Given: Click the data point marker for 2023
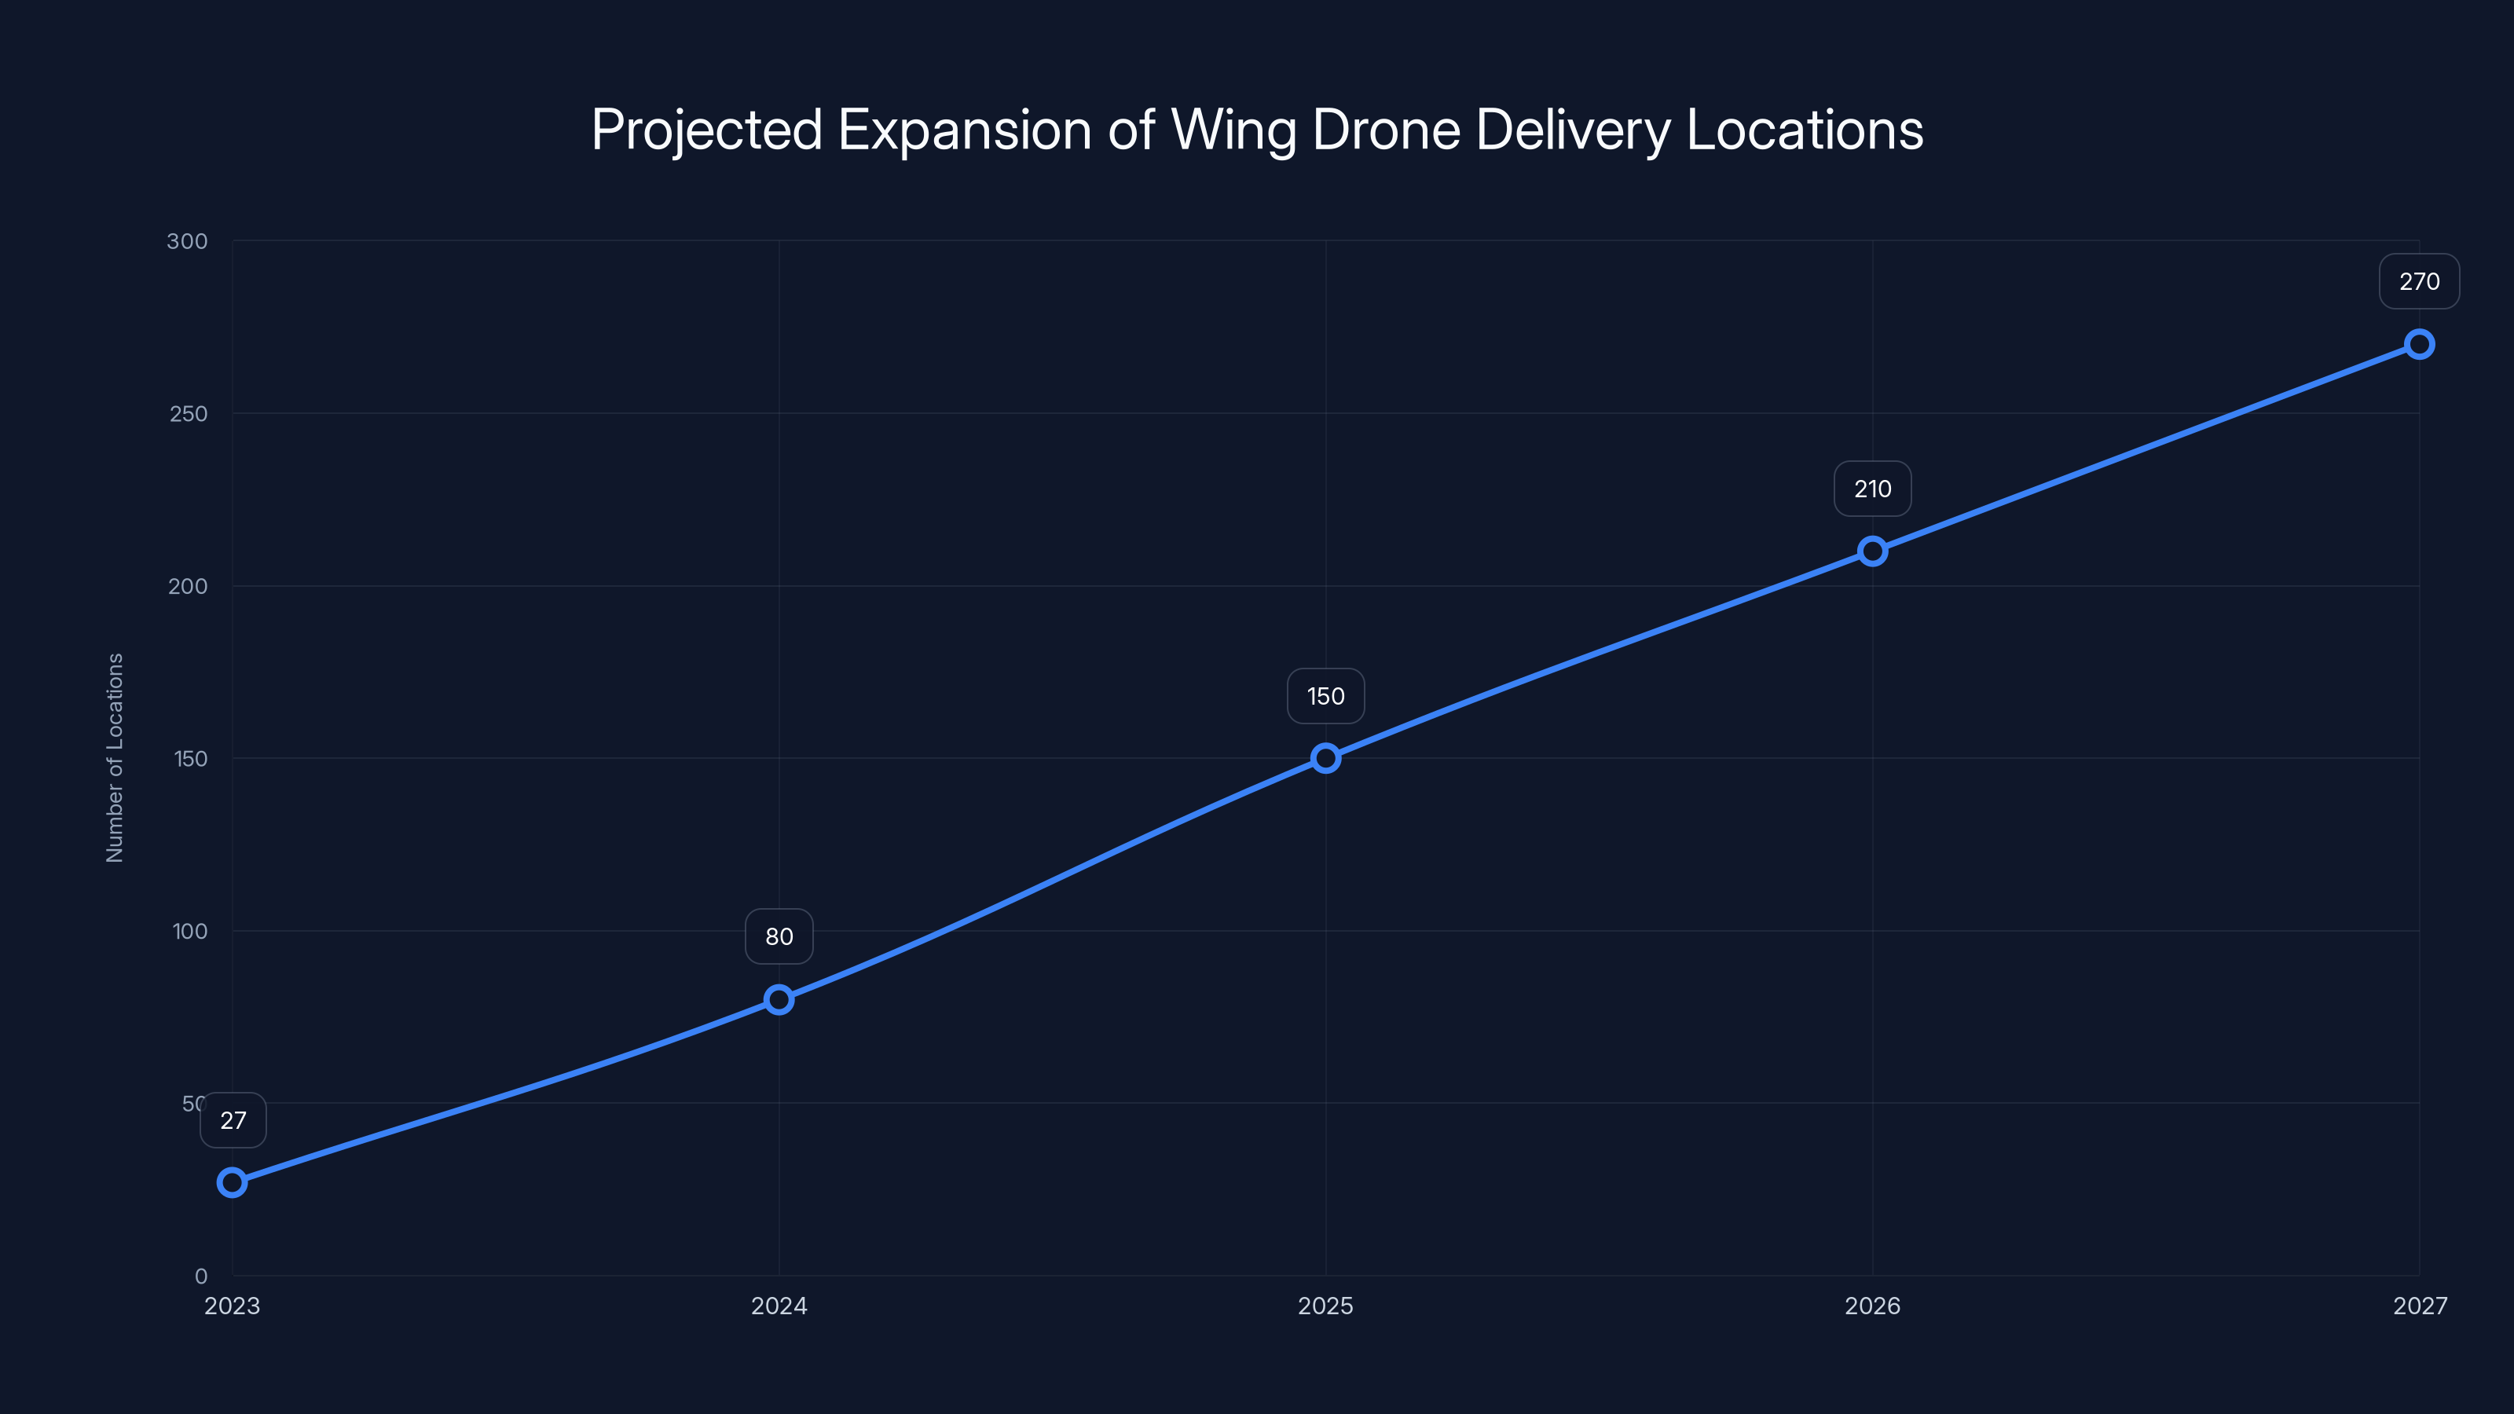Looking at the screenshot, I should coord(233,1183).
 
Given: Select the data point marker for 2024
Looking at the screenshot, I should coord(779,999).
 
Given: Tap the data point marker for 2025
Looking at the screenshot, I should coord(1325,758).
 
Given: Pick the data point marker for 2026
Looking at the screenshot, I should coord(1872,551).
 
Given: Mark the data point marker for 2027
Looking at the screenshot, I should coord(2420,345).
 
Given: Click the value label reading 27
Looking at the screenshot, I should coord(233,1120).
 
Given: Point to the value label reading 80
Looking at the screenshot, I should coord(779,937).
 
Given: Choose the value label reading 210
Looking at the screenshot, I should coord(1872,489).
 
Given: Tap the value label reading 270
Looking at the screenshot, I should coord(2420,282).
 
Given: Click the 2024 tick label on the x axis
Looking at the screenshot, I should coord(779,1306).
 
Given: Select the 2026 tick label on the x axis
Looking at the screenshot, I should coord(1872,1306).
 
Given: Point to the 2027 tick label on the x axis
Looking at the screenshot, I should coord(2420,1306).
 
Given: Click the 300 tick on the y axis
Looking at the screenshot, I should coord(188,241).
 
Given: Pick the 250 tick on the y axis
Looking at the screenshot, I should coord(189,414).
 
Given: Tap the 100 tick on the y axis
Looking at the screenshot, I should coord(190,931).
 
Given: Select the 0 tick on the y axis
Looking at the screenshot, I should coord(201,1277).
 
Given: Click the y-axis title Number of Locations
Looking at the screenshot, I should coord(115,757).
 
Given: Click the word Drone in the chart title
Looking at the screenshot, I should coord(1386,130).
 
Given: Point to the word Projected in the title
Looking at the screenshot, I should coord(706,130).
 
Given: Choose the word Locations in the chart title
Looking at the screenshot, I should coord(1805,130).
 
